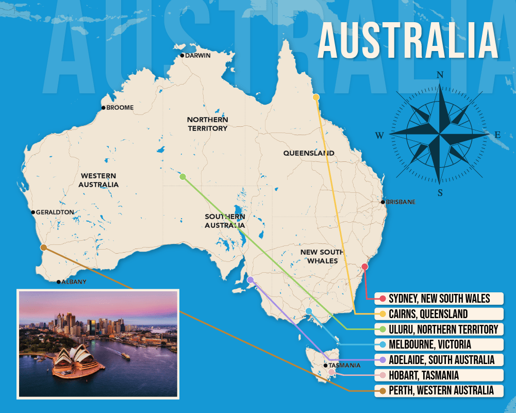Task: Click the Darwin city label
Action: click(197, 56)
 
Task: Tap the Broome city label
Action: click(120, 108)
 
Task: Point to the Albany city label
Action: click(73, 282)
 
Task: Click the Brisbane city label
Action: click(400, 202)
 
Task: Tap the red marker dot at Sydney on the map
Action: click(365, 267)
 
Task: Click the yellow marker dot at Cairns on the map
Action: click(316, 97)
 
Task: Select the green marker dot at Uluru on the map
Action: click(182, 176)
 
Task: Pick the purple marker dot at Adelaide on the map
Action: click(251, 280)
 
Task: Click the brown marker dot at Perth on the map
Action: click(44, 247)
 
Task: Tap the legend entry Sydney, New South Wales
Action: click(438, 299)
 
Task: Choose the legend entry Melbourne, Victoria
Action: click(429, 344)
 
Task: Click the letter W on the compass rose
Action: click(379, 136)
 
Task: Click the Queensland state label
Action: click(309, 153)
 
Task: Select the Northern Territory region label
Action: click(207, 124)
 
